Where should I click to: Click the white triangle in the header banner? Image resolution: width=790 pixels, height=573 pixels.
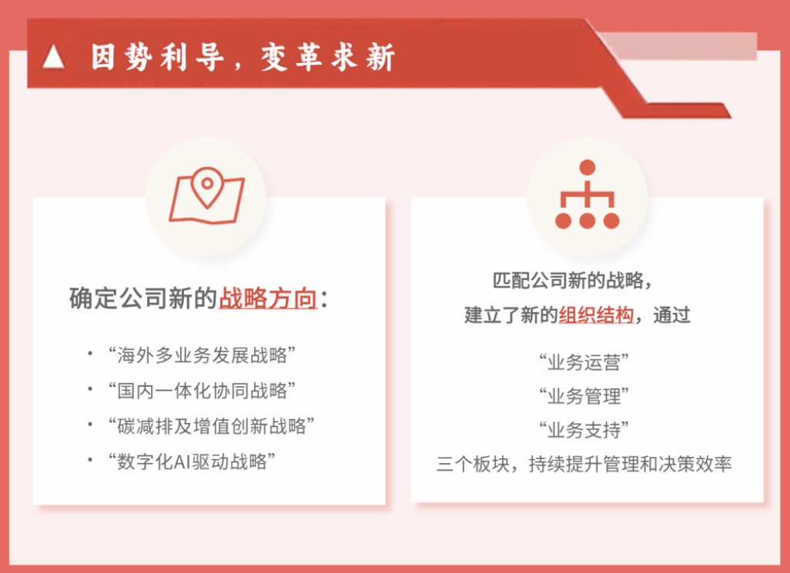(x=53, y=56)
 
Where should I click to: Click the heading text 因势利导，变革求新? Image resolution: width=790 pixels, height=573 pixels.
(x=243, y=56)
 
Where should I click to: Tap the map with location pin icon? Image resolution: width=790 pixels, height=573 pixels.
(x=206, y=195)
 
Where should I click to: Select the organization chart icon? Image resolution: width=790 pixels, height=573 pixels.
(x=587, y=194)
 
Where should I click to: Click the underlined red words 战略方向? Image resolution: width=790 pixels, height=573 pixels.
(x=268, y=298)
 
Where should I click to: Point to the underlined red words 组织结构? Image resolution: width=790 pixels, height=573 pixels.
(x=596, y=315)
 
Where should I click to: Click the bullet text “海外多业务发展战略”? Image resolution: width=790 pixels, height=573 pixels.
(x=202, y=355)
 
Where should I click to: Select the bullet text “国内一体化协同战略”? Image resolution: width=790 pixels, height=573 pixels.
(x=202, y=391)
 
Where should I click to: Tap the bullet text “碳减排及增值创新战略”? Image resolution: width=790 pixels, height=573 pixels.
(x=211, y=426)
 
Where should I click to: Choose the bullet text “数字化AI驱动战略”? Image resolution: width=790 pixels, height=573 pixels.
(x=192, y=461)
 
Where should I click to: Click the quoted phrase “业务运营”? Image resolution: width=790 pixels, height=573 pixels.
(x=584, y=362)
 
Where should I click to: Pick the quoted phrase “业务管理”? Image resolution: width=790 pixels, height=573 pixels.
(x=584, y=396)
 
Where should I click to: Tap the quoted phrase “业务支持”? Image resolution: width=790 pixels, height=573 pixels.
(x=584, y=430)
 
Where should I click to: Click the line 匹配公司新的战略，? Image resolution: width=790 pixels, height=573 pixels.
(x=572, y=280)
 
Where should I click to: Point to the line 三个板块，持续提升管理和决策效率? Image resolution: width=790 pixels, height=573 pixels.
(x=584, y=464)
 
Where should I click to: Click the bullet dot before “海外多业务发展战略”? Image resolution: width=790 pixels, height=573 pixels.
(x=90, y=354)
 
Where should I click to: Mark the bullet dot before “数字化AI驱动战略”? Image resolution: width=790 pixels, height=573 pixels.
(x=90, y=459)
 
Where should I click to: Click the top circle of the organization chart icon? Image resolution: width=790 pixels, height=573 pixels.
(x=587, y=168)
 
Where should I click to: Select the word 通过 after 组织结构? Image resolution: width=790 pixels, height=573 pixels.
(x=671, y=315)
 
